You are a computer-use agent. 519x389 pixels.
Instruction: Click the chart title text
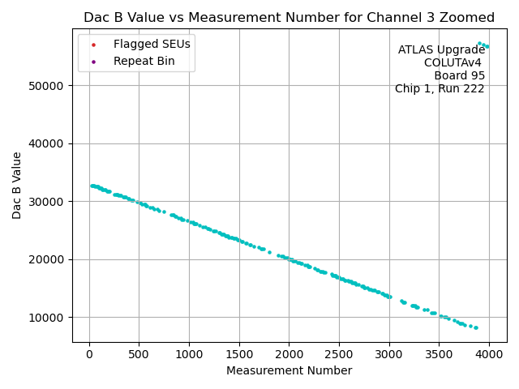[x=289, y=18]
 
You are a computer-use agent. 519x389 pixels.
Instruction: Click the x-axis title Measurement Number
[x=289, y=371]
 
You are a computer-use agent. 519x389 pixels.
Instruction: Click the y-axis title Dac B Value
[x=17, y=186]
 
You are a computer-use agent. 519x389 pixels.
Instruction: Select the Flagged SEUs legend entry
[x=152, y=44]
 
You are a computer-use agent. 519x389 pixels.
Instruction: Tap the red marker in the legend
[x=93, y=44]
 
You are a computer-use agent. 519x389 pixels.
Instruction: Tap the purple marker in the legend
[x=93, y=61]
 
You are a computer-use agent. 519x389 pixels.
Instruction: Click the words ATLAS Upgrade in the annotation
[x=441, y=50]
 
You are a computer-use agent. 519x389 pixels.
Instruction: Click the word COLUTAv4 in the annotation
[x=454, y=63]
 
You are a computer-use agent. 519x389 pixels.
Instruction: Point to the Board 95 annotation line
[x=459, y=76]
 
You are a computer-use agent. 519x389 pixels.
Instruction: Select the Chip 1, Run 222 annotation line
[x=440, y=89]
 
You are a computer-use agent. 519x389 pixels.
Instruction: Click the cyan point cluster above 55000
[x=483, y=45]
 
